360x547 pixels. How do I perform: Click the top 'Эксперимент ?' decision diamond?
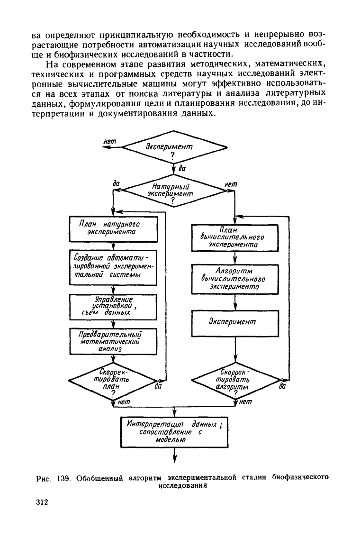click(174, 147)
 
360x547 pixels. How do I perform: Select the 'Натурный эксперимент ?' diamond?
click(174, 191)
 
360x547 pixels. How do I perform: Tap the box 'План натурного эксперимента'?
click(113, 229)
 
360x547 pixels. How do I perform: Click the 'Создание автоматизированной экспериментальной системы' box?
click(113, 267)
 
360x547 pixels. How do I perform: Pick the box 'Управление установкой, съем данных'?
click(113, 307)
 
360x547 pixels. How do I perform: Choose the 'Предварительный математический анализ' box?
click(113, 342)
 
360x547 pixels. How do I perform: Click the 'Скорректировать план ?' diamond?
click(113, 381)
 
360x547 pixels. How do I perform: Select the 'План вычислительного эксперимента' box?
click(235, 238)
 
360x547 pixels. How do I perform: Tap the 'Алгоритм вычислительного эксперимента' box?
click(235, 279)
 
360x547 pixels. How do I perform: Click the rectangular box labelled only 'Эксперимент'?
click(235, 323)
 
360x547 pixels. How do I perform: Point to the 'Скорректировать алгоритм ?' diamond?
click(235, 381)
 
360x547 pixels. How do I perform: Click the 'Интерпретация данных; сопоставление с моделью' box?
click(174, 432)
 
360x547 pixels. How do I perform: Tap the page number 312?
click(42, 502)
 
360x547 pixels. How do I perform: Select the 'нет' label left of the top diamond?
click(110, 141)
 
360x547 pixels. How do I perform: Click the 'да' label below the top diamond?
click(182, 168)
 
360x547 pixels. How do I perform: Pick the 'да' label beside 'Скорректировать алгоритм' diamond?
click(283, 386)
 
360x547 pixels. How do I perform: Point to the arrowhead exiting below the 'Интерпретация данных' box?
click(174, 459)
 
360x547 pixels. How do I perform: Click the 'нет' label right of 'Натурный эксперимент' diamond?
click(231, 184)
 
